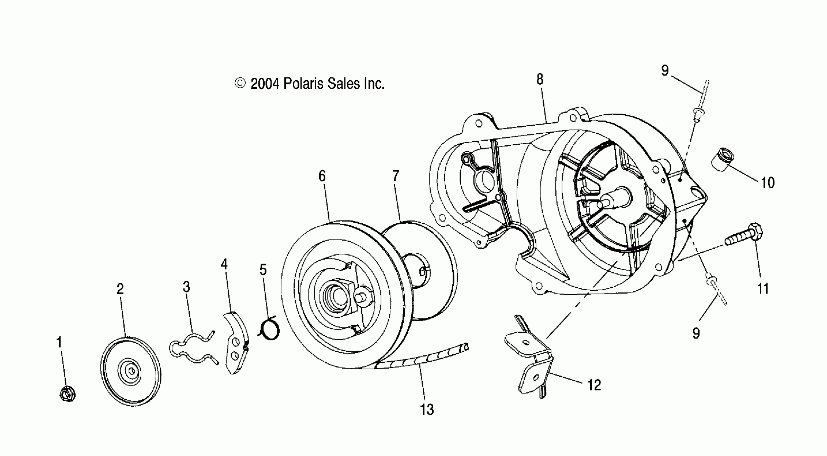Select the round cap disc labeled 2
tap(131, 371)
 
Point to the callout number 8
tap(540, 79)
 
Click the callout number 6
tap(322, 176)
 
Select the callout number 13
tap(427, 409)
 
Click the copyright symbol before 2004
tap(240, 83)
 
